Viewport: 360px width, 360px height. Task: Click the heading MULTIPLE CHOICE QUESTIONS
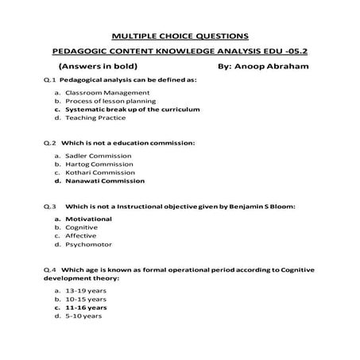[180, 35]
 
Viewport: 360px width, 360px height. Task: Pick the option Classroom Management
[101, 93]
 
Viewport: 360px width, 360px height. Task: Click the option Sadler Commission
[98, 156]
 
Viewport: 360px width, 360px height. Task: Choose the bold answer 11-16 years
[87, 307]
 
